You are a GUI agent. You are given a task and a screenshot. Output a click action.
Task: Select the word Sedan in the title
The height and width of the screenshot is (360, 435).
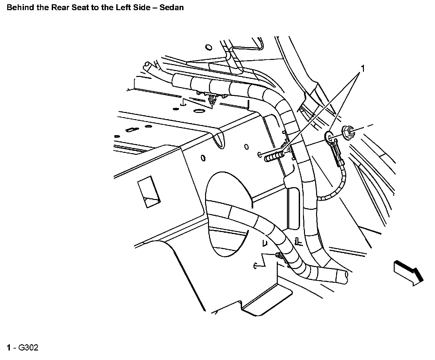pos(172,7)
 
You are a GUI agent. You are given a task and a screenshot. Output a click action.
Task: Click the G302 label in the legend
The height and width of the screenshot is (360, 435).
pos(28,348)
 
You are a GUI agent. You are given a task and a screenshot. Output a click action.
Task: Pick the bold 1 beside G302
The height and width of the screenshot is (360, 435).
pos(9,348)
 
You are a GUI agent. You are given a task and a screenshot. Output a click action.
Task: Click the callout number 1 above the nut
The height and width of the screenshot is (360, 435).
pos(363,68)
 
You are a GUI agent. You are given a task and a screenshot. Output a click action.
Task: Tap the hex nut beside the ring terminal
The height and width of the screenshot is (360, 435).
pos(348,132)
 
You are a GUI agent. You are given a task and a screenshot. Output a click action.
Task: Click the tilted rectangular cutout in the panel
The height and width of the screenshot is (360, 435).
pos(148,192)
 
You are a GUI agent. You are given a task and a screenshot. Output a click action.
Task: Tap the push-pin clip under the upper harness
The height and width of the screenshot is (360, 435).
pos(212,99)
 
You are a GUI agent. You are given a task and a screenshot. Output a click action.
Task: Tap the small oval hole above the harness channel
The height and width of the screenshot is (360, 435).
pos(207,48)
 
